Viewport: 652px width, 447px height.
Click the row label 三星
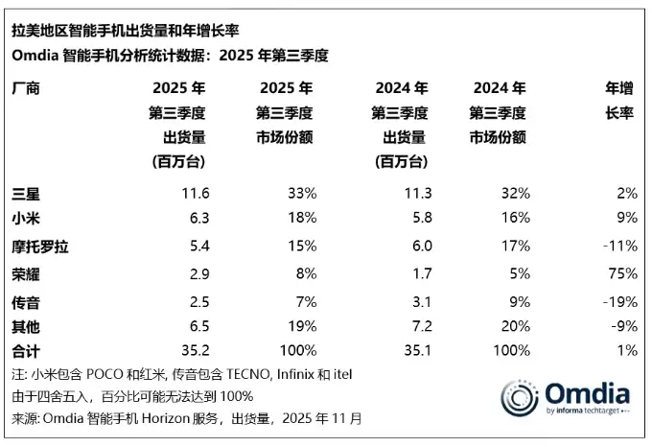25,194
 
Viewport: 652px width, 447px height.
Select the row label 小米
25,220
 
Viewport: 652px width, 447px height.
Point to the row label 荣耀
25,273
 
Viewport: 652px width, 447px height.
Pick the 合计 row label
25,351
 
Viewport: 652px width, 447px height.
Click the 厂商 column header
25,89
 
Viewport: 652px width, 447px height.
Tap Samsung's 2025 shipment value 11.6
194,194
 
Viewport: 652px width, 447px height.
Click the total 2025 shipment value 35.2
194,351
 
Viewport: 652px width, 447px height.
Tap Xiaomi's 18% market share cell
301,220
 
